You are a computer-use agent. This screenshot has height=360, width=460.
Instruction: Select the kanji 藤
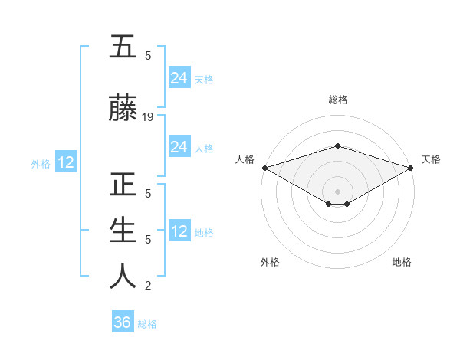[x=123, y=109]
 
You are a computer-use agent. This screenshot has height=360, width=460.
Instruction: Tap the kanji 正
[x=123, y=186]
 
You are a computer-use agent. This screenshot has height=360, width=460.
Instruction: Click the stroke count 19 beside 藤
[x=148, y=117]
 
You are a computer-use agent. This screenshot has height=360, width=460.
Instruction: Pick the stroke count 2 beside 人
[x=148, y=286]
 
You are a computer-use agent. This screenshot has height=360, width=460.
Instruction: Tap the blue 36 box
[x=123, y=322]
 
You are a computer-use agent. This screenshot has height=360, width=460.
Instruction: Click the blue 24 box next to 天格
[x=179, y=78]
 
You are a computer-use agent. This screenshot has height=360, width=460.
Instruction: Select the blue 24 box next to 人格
[x=179, y=147]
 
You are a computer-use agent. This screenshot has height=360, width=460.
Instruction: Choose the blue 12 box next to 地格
[x=179, y=231]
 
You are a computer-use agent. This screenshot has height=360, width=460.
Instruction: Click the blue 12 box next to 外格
[x=65, y=162]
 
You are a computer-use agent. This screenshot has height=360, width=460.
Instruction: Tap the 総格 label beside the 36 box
[x=147, y=324]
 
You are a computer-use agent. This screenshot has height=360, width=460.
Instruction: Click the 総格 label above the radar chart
[x=337, y=100]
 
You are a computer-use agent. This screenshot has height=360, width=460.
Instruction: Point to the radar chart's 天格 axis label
[x=431, y=159]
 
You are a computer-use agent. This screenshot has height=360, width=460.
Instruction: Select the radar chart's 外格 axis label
[x=270, y=262]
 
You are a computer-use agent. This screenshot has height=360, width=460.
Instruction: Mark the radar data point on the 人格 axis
[x=264, y=167]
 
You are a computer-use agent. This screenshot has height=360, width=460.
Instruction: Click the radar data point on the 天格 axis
[x=410, y=167]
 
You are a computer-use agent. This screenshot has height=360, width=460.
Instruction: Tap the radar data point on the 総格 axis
[x=337, y=146]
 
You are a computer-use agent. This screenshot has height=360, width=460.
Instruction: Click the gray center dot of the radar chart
[x=337, y=191]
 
